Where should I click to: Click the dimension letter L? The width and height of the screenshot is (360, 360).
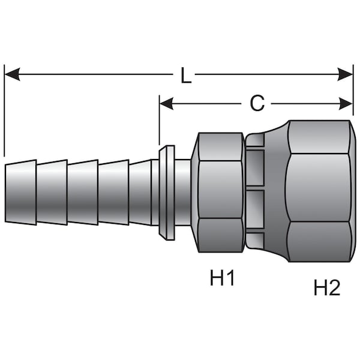click(x=186, y=76)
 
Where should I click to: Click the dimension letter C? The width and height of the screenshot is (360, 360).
click(x=257, y=104)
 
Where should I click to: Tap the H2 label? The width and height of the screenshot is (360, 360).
click(x=327, y=288)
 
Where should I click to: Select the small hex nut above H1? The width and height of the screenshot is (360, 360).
click(x=220, y=192)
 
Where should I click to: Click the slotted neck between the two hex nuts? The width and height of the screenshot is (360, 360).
click(x=254, y=191)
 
